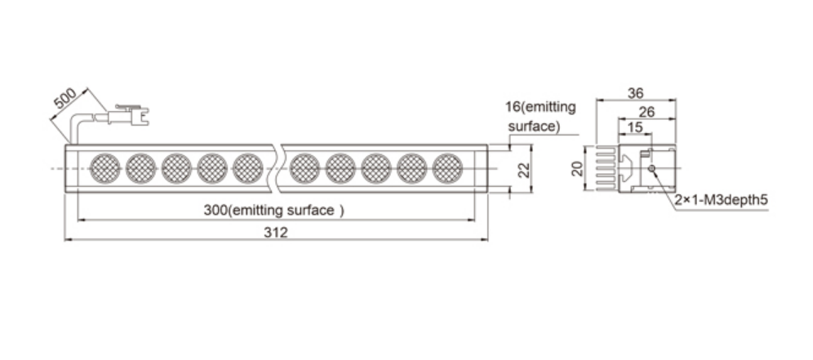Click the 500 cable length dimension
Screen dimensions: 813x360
coord(64,99)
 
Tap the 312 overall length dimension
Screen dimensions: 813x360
coord(275,233)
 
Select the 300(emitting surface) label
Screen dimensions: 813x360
coord(273,211)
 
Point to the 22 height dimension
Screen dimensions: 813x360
coord(525,169)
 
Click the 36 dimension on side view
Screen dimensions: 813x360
coord(635,93)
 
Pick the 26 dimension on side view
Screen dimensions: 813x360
coord(646,112)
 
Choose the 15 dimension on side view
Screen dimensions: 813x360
coord(634,127)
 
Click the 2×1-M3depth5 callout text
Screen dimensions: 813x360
coord(721,200)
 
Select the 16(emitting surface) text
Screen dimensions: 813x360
coord(541,117)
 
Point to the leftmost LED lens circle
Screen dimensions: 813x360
coord(104,169)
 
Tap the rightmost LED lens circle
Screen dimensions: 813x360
coord(447,169)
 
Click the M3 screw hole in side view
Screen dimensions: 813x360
coord(651,168)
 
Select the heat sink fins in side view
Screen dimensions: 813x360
coord(606,169)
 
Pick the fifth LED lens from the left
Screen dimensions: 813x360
coord(248,169)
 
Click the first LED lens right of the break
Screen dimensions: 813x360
coord(304,169)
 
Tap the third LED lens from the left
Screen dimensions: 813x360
coord(176,169)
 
